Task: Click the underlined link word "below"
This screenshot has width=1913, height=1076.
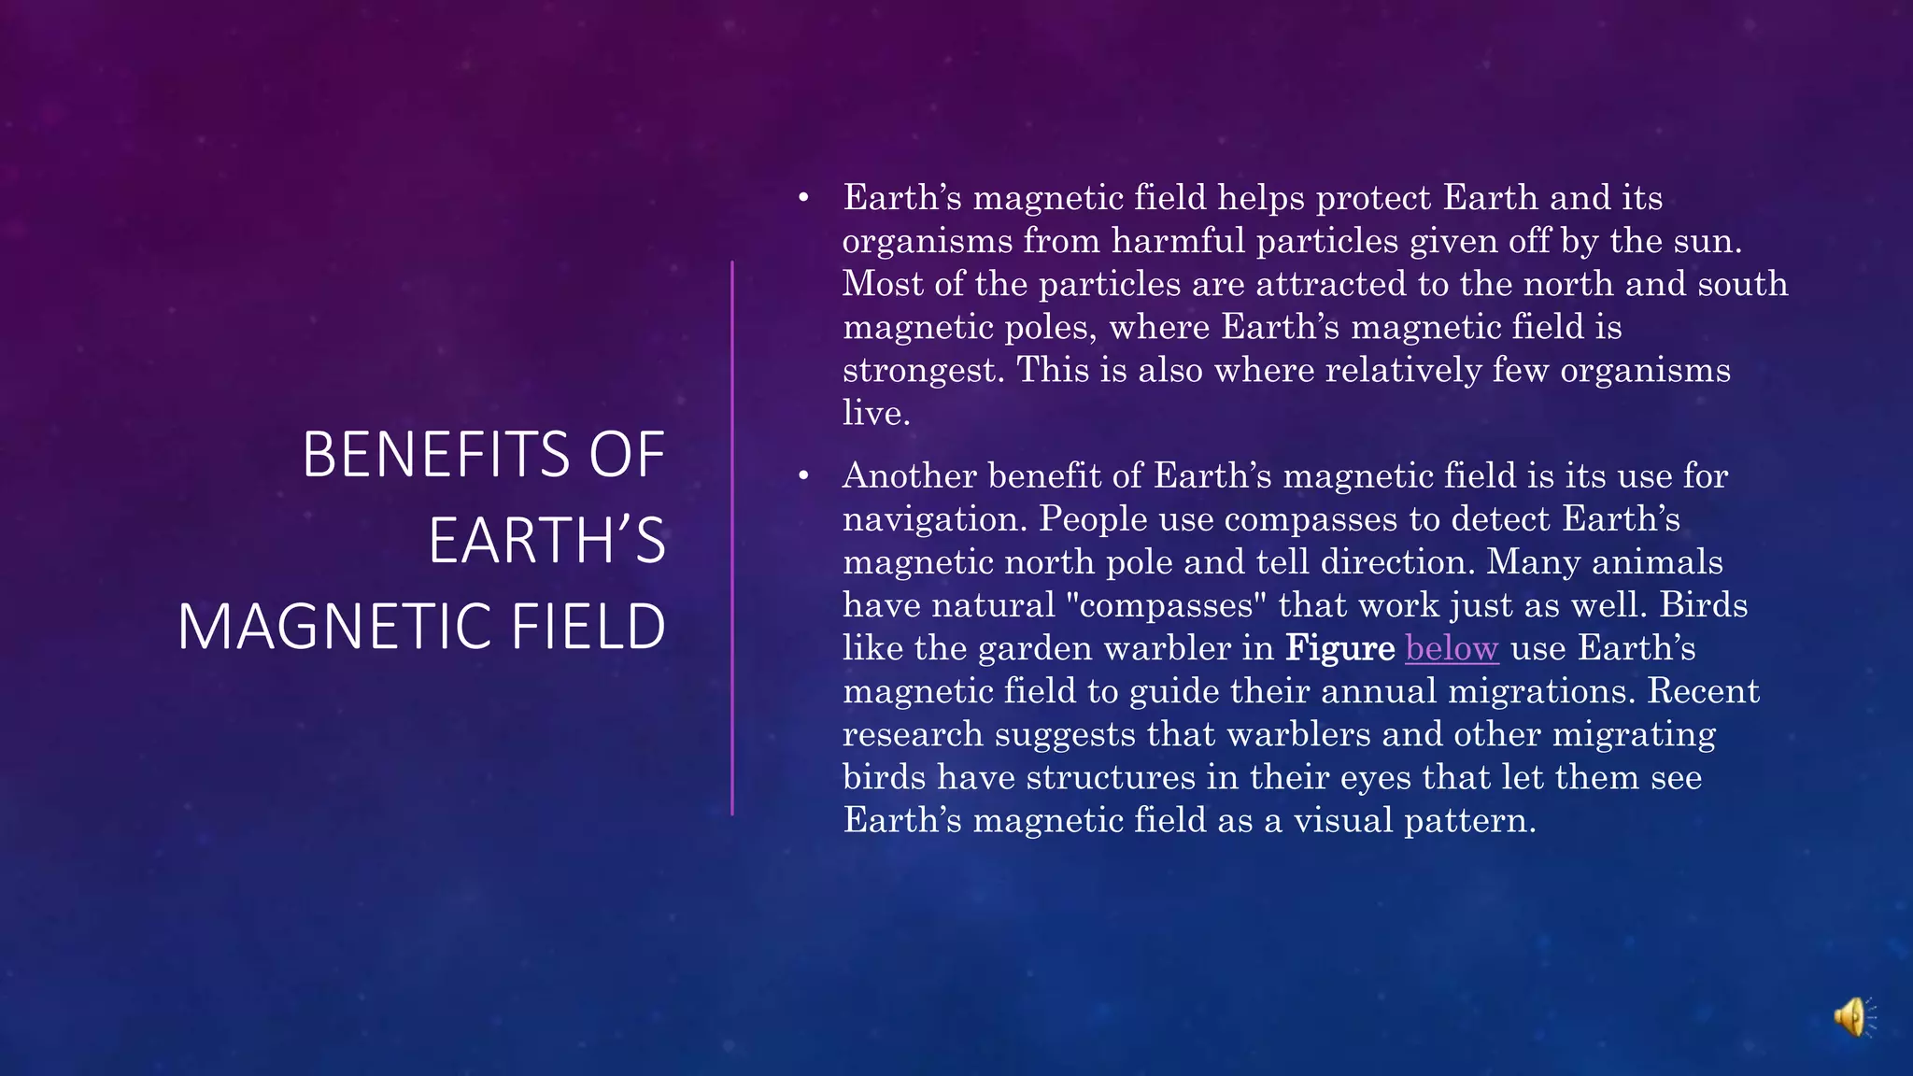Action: (x=1452, y=648)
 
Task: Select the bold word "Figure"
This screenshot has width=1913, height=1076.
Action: (x=1339, y=648)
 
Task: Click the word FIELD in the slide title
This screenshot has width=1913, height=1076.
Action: (x=588, y=627)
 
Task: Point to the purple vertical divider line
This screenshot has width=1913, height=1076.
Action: (x=732, y=538)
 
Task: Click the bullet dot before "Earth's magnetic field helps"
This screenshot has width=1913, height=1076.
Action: (x=803, y=198)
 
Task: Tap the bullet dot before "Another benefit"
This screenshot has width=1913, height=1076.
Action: (x=803, y=476)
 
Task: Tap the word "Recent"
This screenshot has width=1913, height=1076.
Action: (x=1703, y=691)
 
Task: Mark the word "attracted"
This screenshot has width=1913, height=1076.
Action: (x=1330, y=285)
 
